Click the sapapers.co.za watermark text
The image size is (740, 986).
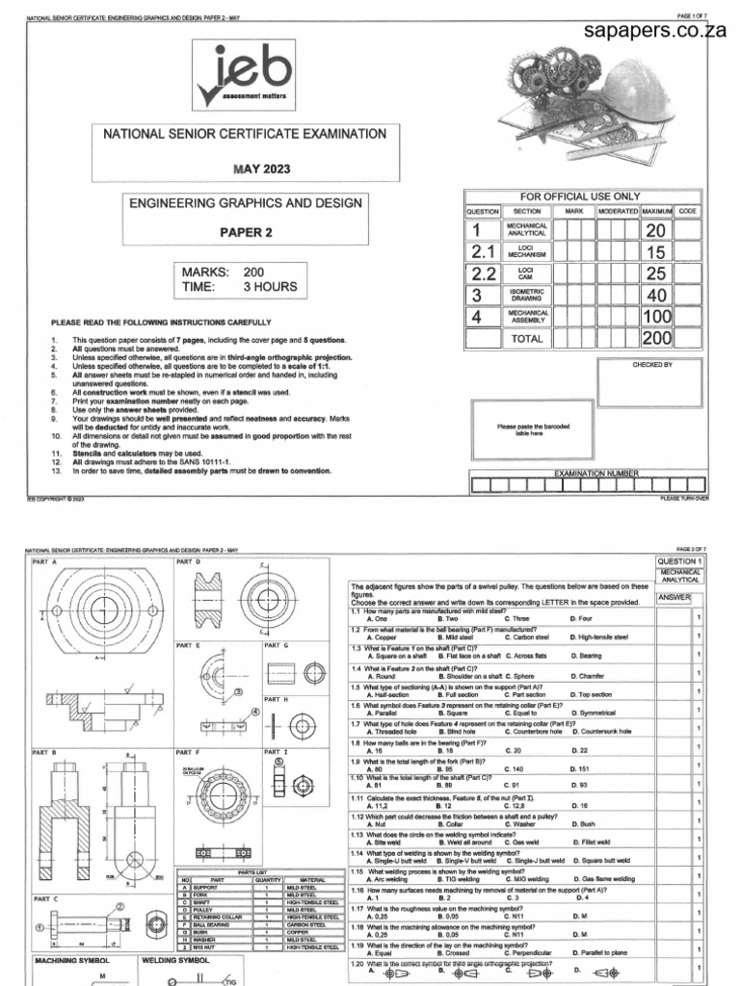654,30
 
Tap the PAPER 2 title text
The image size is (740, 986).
247,231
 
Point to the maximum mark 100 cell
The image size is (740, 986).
656,316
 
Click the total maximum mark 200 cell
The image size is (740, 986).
656,338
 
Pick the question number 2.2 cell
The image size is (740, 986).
482,272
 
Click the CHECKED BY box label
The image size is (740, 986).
652,365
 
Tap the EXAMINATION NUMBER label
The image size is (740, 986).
583,474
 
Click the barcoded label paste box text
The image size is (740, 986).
519,429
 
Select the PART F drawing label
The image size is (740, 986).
187,749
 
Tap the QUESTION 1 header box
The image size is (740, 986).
680,560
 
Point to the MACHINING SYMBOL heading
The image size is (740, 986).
74,960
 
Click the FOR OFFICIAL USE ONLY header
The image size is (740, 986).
586,196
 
